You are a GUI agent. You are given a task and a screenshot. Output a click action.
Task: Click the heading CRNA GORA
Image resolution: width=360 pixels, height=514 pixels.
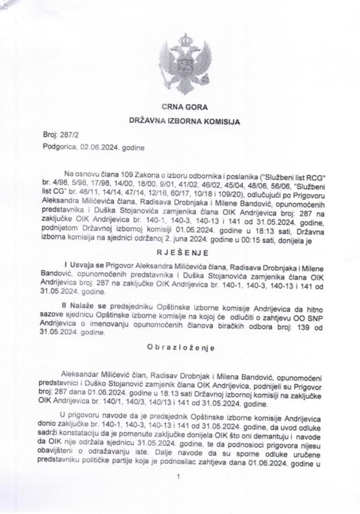pyautogui.click(x=184, y=107)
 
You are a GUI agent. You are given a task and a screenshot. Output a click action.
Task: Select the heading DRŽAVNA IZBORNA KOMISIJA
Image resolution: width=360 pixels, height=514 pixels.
pyautogui.click(x=184, y=122)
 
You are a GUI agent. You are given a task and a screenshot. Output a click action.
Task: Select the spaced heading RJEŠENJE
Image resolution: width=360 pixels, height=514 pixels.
pyautogui.click(x=182, y=253)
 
